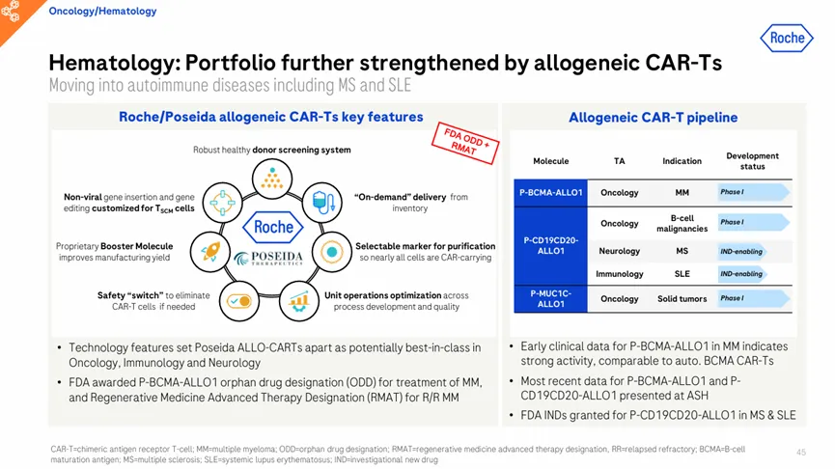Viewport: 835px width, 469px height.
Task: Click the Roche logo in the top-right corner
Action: [787, 38]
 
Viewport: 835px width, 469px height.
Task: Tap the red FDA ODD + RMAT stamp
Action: [465, 143]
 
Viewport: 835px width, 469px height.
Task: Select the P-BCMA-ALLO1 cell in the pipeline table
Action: [550, 193]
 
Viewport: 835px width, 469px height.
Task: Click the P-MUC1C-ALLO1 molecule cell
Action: [550, 298]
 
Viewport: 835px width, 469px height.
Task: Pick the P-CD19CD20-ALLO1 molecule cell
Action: [550, 245]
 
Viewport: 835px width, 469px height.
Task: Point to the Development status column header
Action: [752, 161]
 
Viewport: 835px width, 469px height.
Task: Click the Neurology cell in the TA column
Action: [620, 251]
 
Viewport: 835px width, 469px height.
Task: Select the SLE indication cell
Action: [682, 274]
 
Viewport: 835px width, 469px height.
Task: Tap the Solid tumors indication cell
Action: [682, 298]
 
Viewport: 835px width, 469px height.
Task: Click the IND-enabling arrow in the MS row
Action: [742, 251]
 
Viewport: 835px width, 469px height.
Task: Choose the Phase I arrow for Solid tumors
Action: [754, 298]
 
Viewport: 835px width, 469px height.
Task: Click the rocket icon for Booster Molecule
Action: [210, 251]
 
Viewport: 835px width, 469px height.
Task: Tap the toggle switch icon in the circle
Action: [239, 301]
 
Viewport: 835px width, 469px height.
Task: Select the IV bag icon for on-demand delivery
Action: [322, 203]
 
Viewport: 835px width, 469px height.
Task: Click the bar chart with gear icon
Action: [298, 301]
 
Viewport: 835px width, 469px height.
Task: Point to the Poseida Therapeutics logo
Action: [268, 259]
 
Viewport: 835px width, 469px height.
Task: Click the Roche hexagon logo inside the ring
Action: [272, 228]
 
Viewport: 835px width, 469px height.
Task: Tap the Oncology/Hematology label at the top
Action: [102, 12]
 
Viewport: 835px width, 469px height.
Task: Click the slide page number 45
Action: [801, 452]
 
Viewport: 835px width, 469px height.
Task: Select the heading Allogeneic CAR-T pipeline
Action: [653, 118]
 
